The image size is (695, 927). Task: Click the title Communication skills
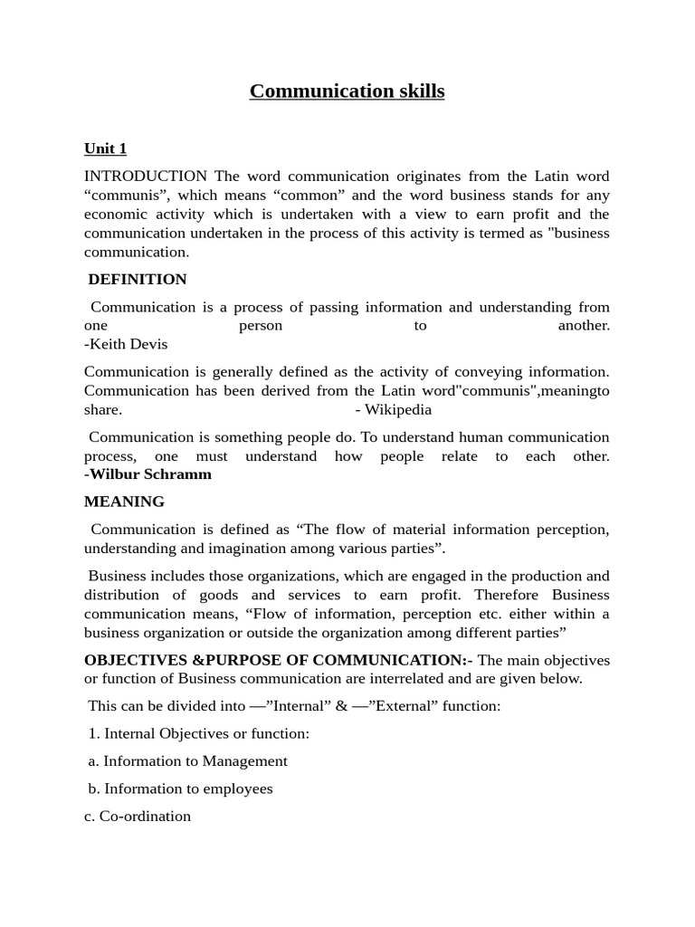[347, 91]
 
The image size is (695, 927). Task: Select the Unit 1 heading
[105, 148]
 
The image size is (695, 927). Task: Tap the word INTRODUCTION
[146, 176]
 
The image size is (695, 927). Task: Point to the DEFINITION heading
[138, 280]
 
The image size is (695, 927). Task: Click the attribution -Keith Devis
[126, 344]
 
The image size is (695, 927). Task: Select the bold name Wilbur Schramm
[150, 474]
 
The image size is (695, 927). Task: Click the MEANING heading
[124, 502]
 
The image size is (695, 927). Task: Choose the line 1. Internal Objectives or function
[199, 734]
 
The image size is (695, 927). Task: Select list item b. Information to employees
[180, 788]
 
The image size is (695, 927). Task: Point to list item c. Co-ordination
[138, 817]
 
